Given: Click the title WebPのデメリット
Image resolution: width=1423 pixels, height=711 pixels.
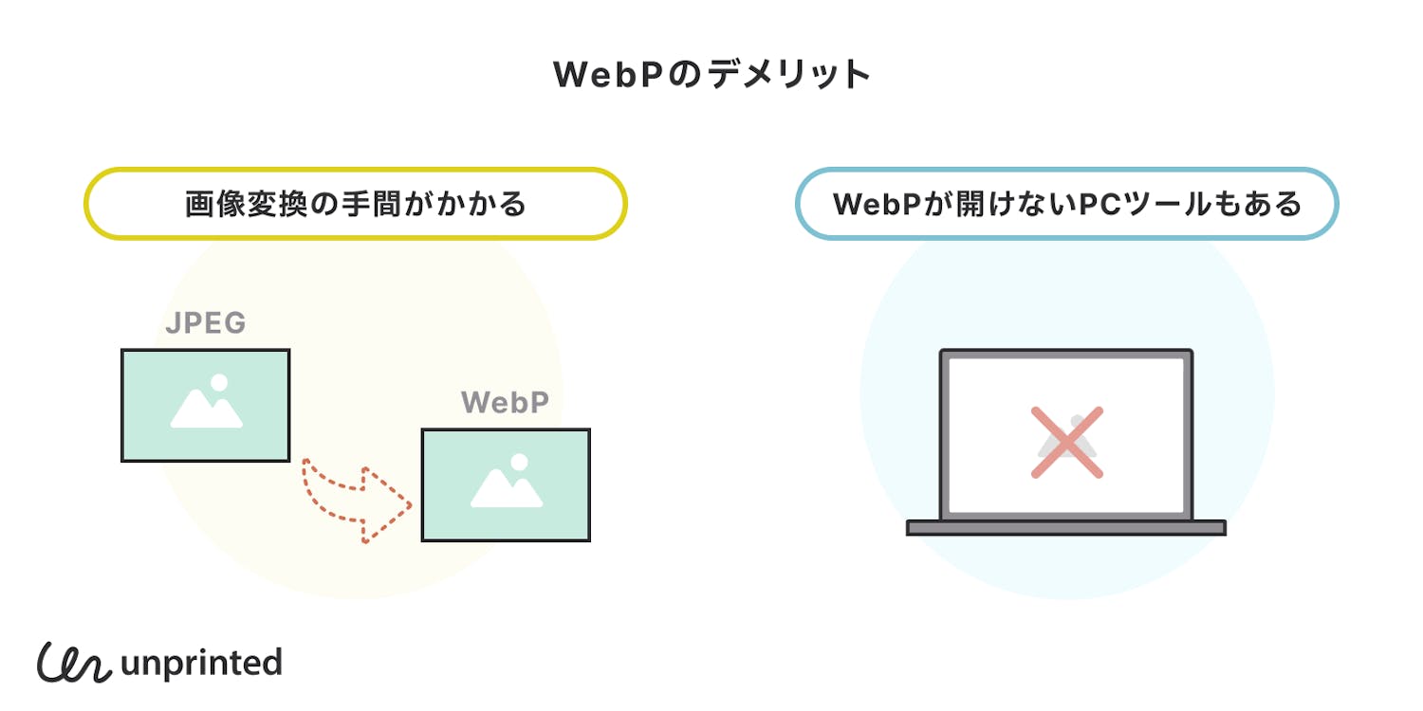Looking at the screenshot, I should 711,75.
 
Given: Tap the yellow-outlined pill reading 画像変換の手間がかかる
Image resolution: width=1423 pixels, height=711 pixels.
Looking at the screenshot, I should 356,204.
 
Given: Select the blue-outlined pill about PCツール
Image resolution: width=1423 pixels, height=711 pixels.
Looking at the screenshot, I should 1066,204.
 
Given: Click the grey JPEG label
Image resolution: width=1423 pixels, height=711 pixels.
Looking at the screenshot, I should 206,324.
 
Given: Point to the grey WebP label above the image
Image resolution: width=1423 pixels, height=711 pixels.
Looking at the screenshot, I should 506,403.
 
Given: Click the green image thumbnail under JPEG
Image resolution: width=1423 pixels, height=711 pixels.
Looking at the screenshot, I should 205,405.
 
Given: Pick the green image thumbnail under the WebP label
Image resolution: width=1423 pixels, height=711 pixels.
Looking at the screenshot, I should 506,484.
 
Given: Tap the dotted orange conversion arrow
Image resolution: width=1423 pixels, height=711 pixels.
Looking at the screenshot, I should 356,502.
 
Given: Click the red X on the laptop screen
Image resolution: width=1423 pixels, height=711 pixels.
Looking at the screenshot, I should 1066,442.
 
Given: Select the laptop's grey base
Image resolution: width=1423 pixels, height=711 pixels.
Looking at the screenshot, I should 1066,528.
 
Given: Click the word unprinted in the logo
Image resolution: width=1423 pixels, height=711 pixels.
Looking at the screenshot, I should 201,663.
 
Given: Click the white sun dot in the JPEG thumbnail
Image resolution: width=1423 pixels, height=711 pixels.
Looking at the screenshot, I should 219,383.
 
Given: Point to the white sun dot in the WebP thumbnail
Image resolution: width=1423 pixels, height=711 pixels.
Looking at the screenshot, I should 519,463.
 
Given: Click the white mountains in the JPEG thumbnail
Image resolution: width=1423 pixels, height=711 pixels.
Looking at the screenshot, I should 204,412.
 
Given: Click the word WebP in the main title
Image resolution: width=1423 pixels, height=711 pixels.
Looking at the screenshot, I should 606,75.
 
